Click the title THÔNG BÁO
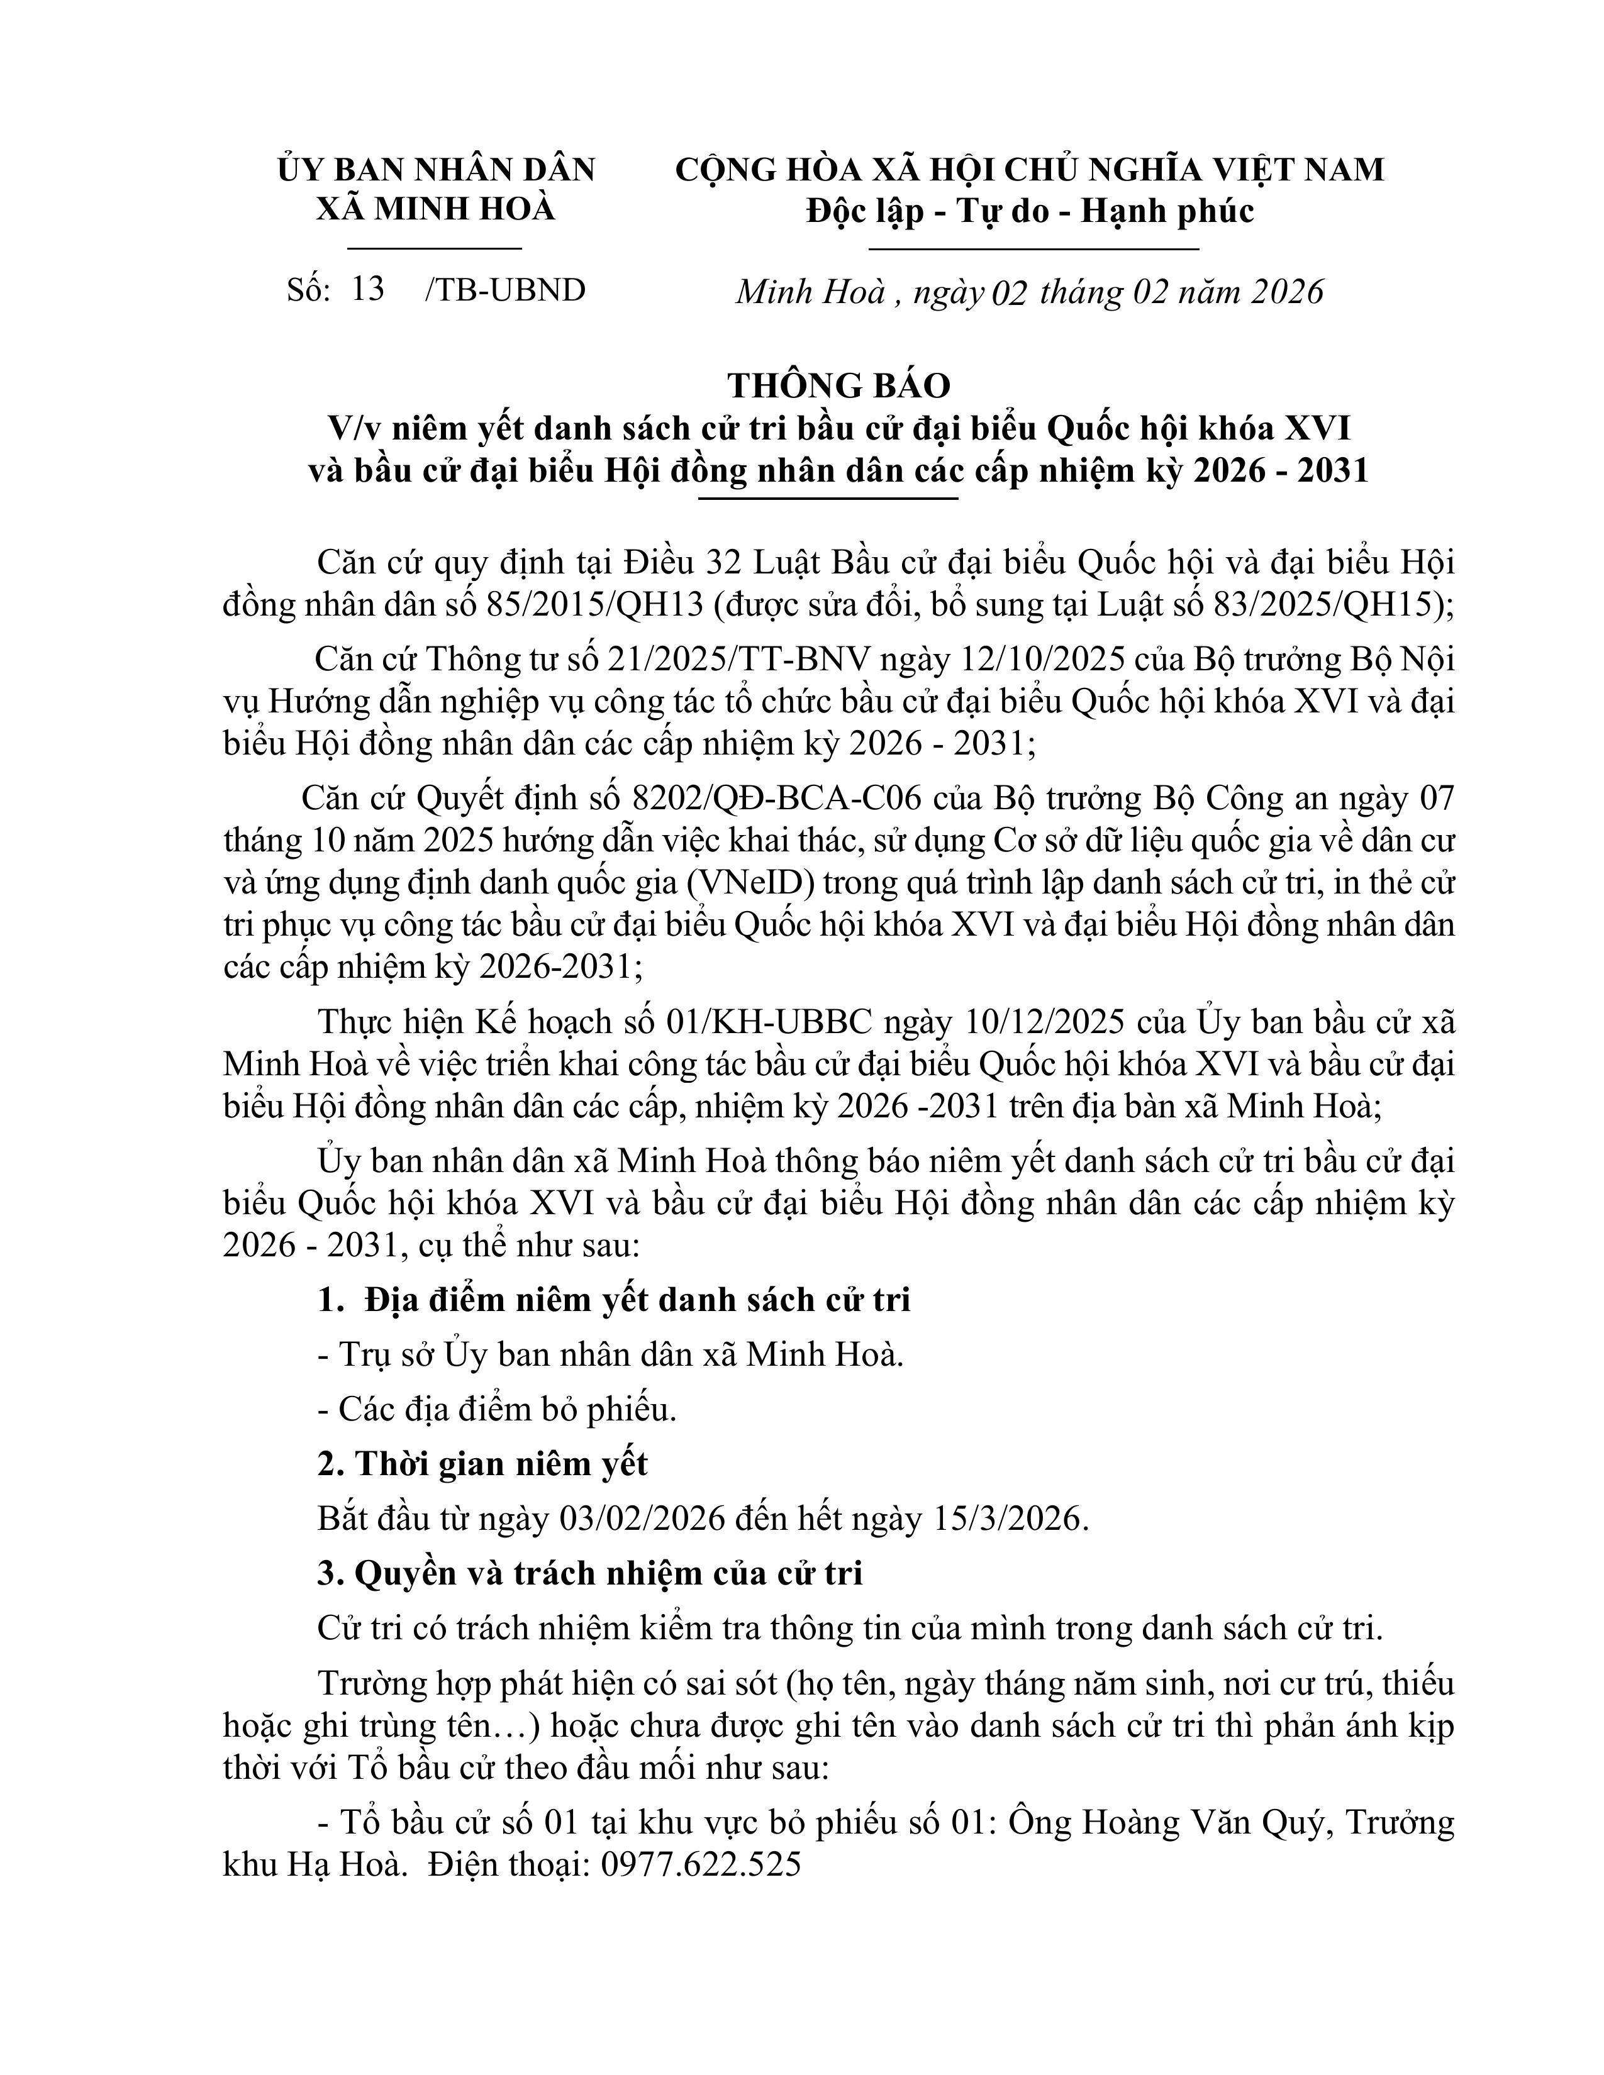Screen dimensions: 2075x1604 (839, 385)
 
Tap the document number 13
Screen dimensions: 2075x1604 (368, 289)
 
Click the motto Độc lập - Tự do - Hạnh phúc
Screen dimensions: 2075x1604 (1030, 211)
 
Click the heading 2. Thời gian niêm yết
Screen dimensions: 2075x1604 (482, 1464)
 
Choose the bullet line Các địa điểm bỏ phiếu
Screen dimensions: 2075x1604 (497, 1410)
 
